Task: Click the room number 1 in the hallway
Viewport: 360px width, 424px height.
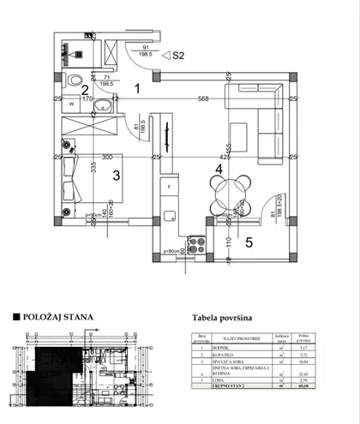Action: click(136, 86)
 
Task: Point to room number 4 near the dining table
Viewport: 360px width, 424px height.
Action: click(219, 170)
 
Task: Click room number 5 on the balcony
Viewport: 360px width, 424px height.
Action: click(249, 242)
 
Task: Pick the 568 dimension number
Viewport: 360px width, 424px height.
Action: click(202, 98)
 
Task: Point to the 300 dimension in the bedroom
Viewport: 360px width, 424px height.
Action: click(106, 158)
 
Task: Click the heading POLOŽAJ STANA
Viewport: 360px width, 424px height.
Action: click(55, 316)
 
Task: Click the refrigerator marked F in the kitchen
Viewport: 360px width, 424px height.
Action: click(170, 186)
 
